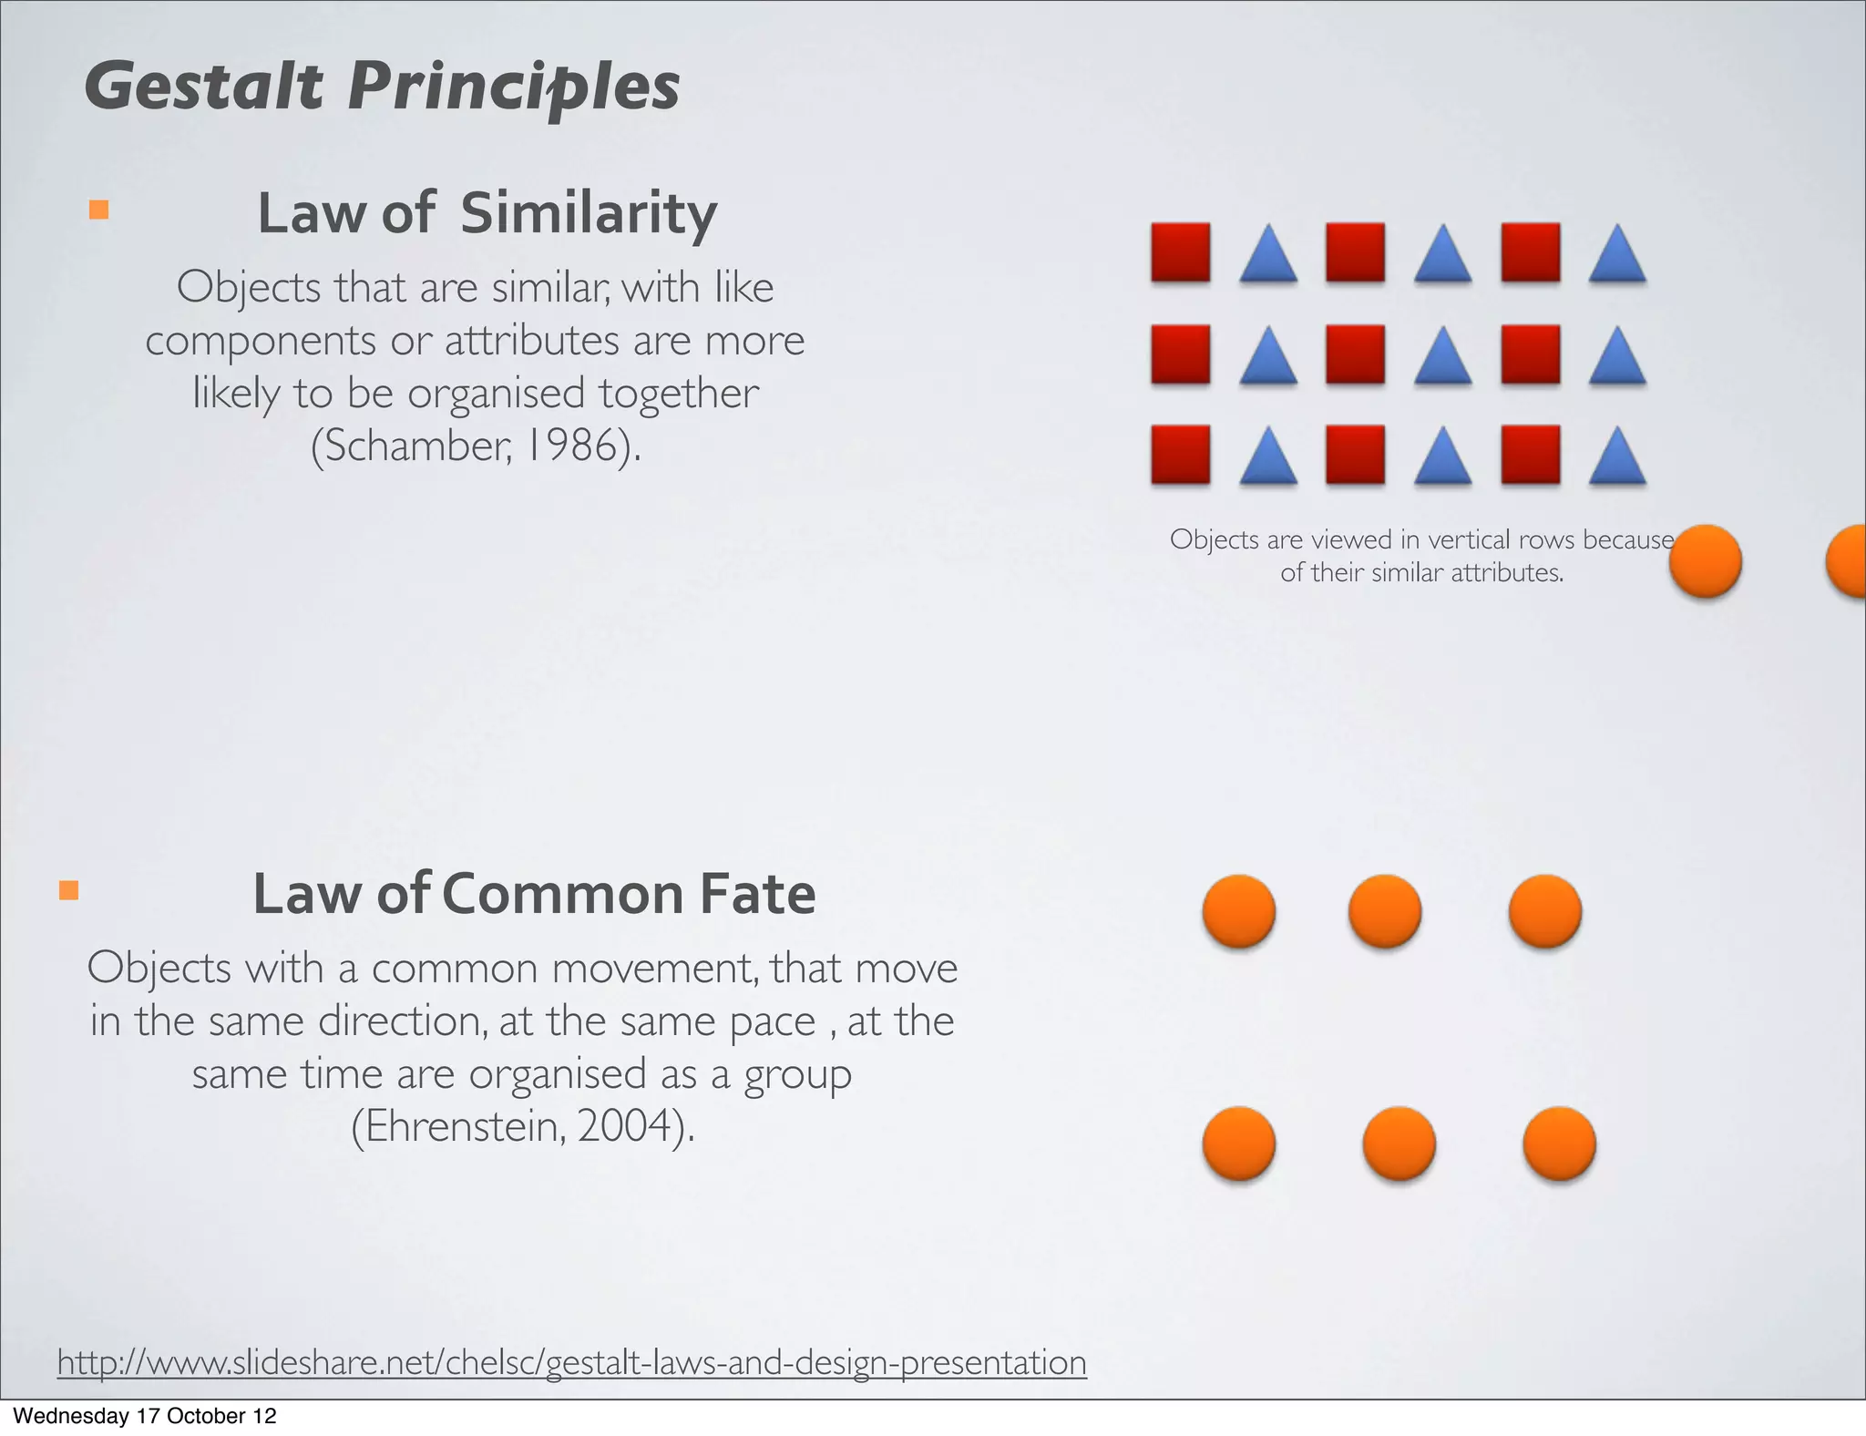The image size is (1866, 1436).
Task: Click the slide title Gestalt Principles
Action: pos(382,87)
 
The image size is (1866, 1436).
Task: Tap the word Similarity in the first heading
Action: pos(589,213)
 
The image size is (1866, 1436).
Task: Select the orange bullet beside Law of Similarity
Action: pos(98,210)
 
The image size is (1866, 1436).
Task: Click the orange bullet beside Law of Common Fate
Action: pos(68,889)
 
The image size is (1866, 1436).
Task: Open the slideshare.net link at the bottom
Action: pos(571,1362)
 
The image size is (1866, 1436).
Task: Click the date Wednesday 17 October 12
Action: pos(144,1416)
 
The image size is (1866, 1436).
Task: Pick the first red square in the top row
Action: pos(1181,252)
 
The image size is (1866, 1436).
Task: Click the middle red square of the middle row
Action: pos(1356,354)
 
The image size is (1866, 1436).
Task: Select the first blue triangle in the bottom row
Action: pos(1268,457)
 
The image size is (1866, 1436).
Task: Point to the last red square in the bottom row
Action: pos(1531,454)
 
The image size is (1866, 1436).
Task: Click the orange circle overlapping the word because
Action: pos(1705,561)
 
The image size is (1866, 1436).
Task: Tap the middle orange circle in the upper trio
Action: pos(1384,911)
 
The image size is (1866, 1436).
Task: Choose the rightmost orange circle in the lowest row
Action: pos(1559,1144)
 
